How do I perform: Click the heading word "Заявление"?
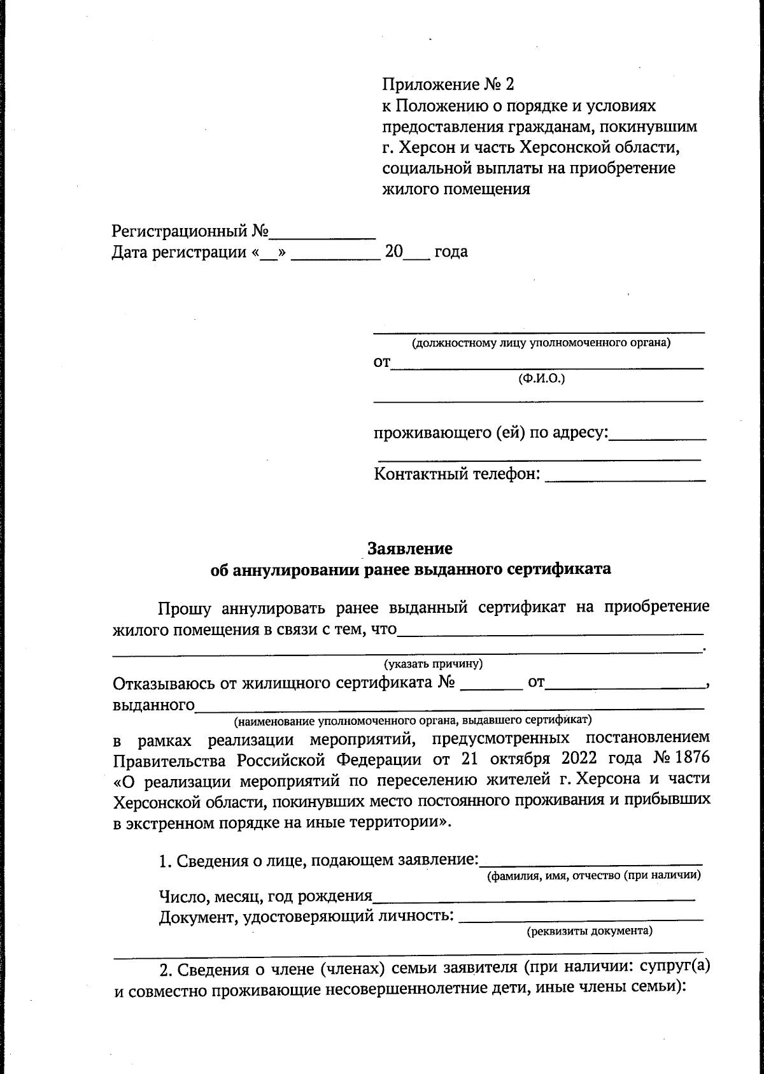click(409, 548)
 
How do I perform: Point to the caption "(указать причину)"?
click(433, 664)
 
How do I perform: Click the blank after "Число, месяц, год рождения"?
click(534, 897)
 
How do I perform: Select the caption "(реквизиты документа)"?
click(589, 931)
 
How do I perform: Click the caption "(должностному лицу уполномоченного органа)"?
click(541, 343)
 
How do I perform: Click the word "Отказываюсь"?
click(162, 684)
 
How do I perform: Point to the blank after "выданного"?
click(449, 706)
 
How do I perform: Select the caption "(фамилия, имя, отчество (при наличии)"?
click(593, 875)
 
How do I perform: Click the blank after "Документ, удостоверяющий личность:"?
click(581, 917)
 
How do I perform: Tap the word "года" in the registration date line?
click(451, 252)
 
